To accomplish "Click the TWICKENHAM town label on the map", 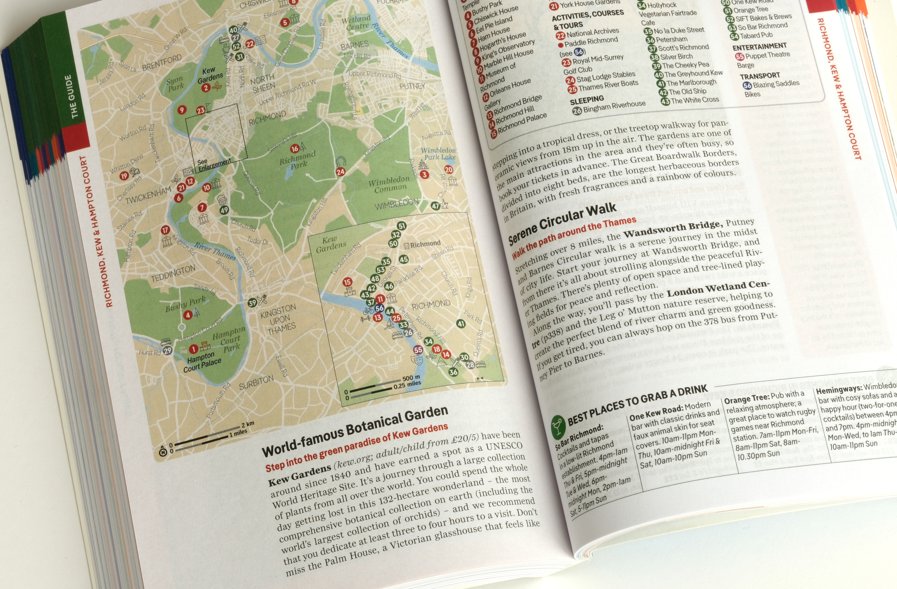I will (148, 195).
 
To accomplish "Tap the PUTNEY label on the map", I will (412, 86).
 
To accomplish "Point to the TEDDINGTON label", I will (173, 273).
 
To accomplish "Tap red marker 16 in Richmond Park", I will (295, 149).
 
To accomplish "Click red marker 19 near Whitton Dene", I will (124, 176).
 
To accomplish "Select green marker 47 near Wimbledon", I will (435, 206).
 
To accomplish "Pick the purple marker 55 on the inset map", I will (418, 350).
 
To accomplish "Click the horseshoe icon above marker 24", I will (341, 162).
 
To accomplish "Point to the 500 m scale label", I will (411, 378).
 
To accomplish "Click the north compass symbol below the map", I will (163, 452).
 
